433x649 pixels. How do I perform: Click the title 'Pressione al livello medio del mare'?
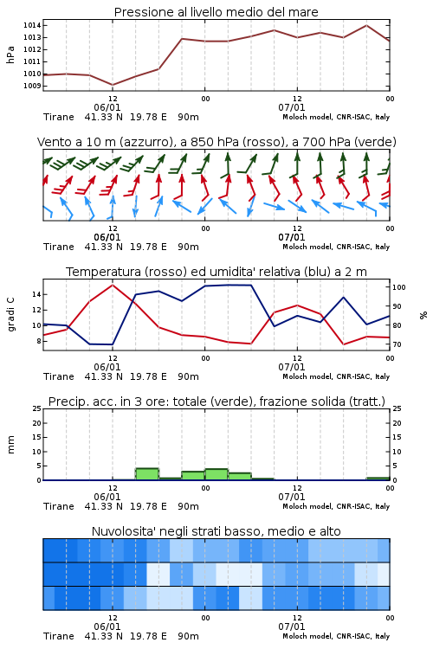(216, 12)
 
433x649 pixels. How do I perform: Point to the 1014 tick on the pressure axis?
(32, 25)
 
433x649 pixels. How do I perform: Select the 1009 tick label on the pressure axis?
(32, 86)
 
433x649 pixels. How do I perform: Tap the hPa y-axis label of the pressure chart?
(10, 55)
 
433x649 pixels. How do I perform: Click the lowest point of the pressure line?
(113, 85)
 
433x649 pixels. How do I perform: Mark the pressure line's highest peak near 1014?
(366, 25)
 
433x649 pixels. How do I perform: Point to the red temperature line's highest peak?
(113, 285)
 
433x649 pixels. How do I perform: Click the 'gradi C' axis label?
(10, 314)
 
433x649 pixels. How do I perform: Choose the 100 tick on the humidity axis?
(399, 287)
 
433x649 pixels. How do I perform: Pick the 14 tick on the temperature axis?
(36, 294)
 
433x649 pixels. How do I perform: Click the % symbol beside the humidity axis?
(423, 315)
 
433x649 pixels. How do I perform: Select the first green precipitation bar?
(147, 474)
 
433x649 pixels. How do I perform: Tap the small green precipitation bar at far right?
(378, 479)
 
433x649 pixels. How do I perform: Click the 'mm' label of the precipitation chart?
(10, 445)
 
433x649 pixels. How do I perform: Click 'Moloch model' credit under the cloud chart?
(307, 636)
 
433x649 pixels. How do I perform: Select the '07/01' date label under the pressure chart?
(291, 107)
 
